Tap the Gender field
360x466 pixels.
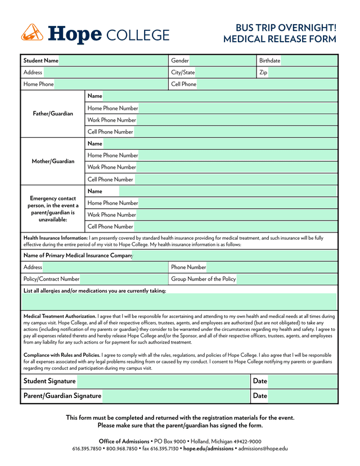(222, 60)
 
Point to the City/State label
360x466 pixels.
(183, 72)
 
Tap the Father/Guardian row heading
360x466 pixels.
(53, 114)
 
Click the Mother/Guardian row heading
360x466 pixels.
(53, 162)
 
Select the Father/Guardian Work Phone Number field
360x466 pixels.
(236, 120)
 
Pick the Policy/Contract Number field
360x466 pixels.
(123, 279)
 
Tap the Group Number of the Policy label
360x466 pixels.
(204, 279)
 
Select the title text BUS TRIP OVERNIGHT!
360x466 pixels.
(286, 28)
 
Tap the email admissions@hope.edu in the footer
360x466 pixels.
(263, 449)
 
